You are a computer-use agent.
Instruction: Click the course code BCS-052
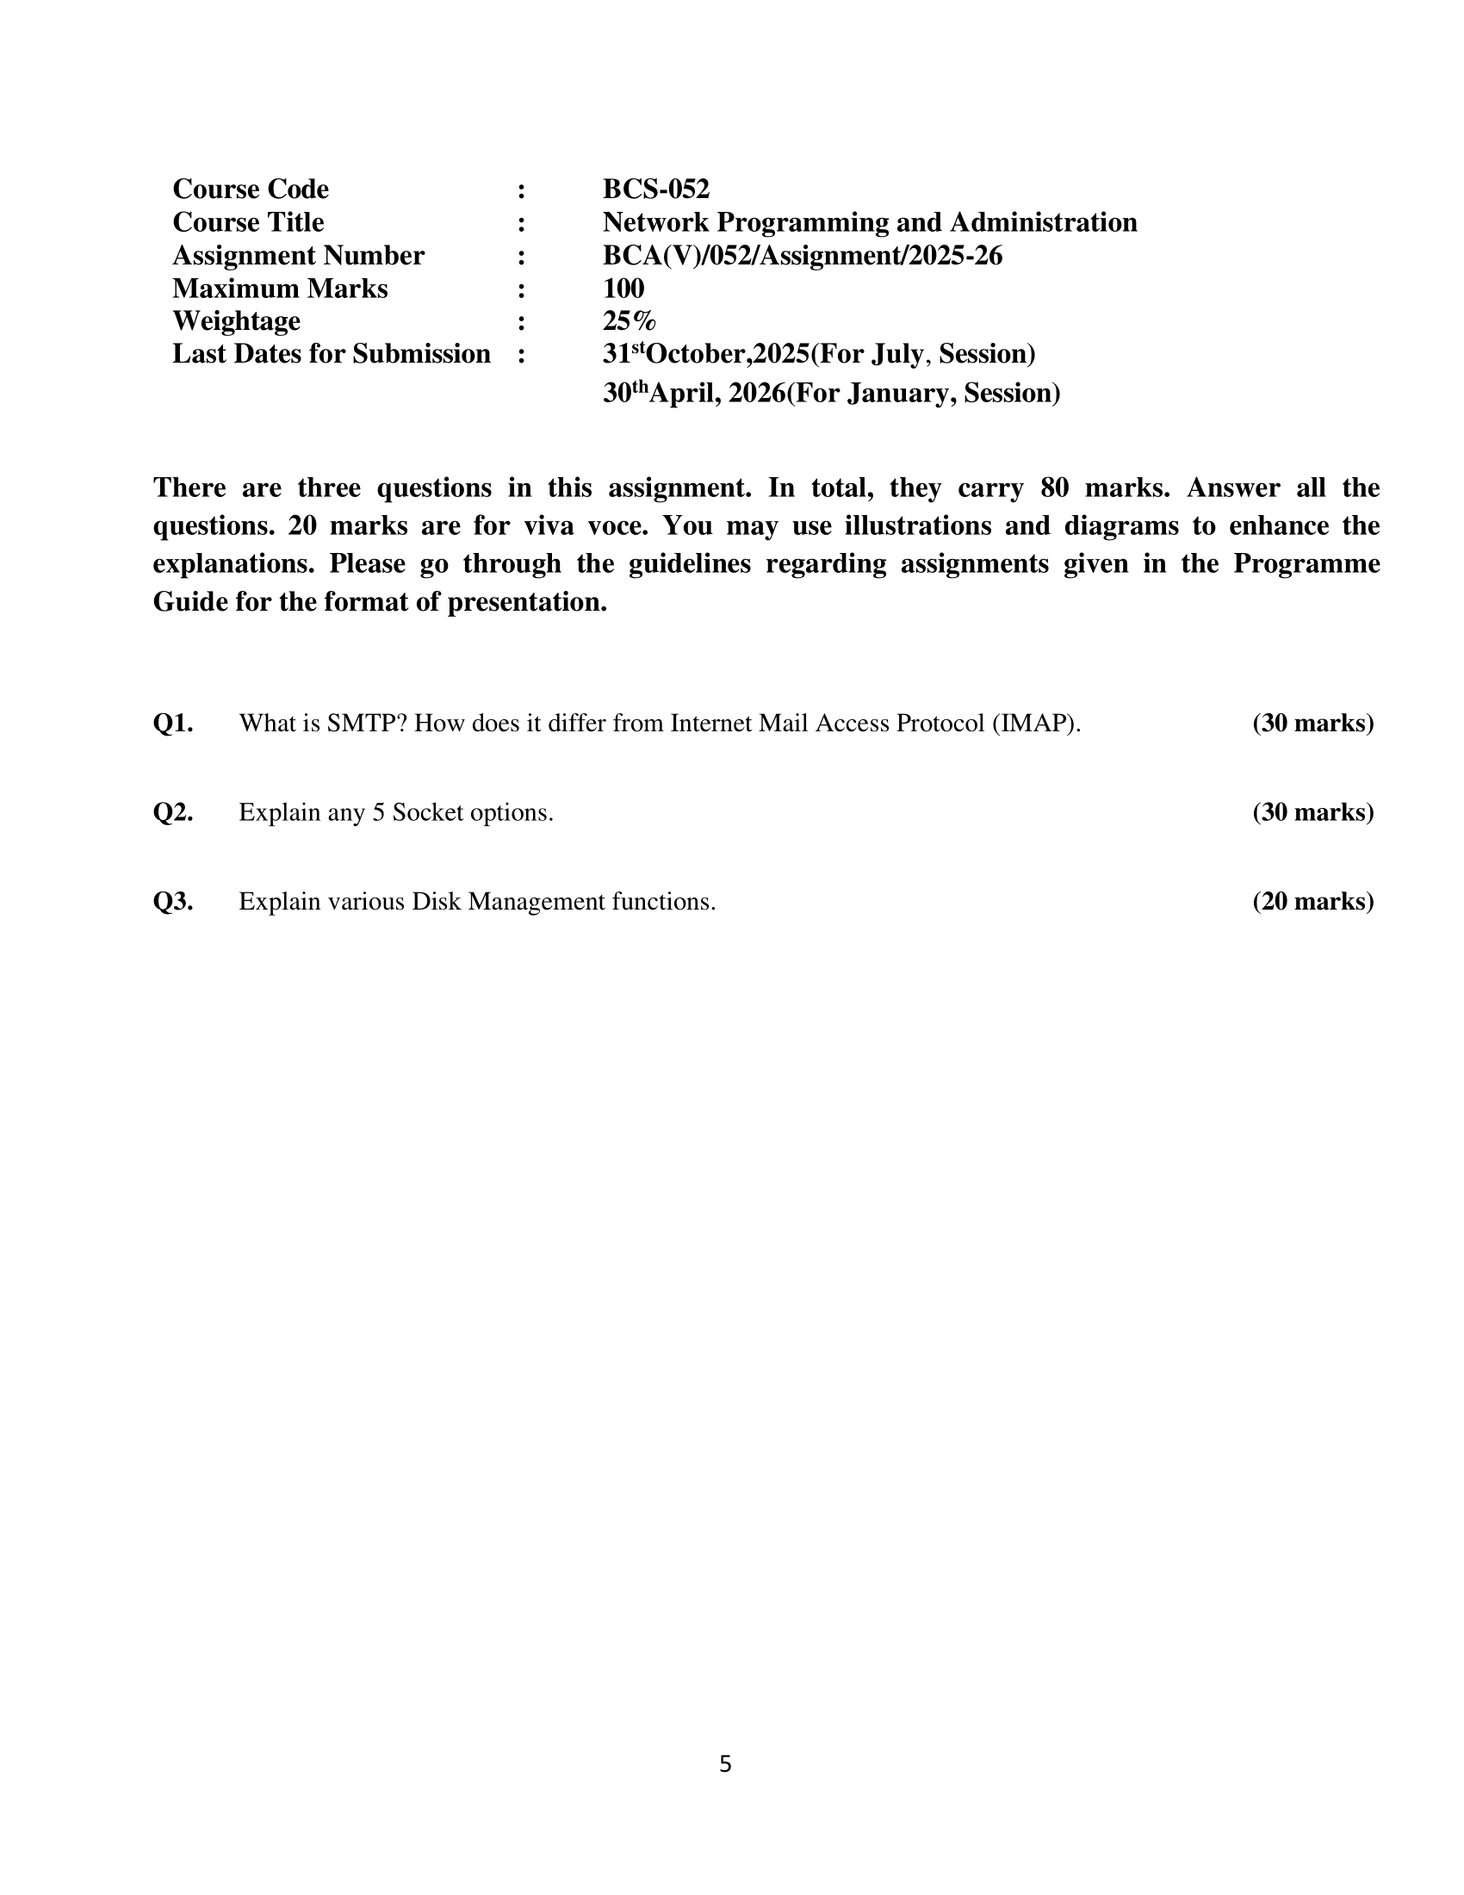pyautogui.click(x=655, y=189)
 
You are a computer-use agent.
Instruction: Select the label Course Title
pyautogui.click(x=248, y=222)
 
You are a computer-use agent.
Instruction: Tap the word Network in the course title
pyautogui.click(x=655, y=222)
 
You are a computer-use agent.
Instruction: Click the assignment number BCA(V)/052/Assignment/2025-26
pyautogui.click(x=803, y=255)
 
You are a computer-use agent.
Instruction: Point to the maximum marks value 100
pyautogui.click(x=623, y=288)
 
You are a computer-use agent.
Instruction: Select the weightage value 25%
pyautogui.click(x=629, y=321)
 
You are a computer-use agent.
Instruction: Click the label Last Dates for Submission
pyautogui.click(x=332, y=354)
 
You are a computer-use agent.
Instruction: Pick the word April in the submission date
pyautogui.click(x=682, y=394)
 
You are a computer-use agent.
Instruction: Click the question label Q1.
pyautogui.click(x=172, y=723)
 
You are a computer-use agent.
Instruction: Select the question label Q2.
pyautogui.click(x=172, y=812)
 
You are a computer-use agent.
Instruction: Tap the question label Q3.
pyautogui.click(x=172, y=902)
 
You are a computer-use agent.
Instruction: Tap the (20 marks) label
pyautogui.click(x=1313, y=902)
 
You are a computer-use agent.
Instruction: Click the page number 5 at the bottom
pyautogui.click(x=725, y=1764)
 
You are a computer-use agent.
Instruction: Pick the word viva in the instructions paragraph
pyautogui.click(x=549, y=525)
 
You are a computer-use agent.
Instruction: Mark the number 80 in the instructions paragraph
pyautogui.click(x=1054, y=488)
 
